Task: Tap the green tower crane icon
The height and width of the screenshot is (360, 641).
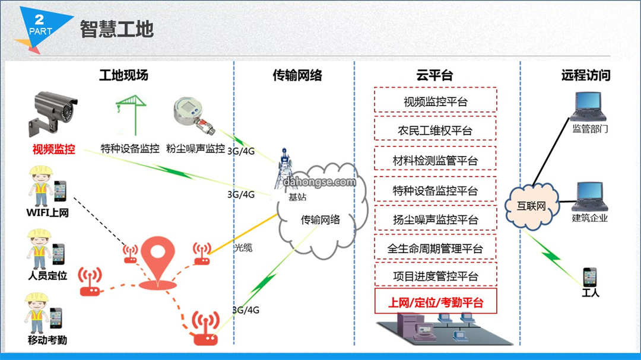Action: (x=131, y=115)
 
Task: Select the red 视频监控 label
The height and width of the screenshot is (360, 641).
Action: (x=54, y=149)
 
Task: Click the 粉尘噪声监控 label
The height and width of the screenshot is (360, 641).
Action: (x=195, y=148)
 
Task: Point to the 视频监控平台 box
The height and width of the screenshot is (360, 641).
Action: (x=436, y=100)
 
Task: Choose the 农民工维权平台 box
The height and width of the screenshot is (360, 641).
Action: (x=436, y=129)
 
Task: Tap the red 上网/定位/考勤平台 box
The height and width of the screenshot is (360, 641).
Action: (x=436, y=301)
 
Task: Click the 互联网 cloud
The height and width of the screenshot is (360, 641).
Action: (x=531, y=206)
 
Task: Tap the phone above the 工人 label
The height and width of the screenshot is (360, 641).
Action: (x=590, y=277)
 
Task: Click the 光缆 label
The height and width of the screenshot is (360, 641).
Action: (x=243, y=248)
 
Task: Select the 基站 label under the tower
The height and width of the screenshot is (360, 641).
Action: (x=297, y=197)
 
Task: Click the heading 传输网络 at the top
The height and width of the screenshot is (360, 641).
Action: (x=297, y=75)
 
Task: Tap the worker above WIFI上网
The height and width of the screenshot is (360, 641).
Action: (x=40, y=186)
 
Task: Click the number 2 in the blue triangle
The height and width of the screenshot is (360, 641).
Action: (x=39, y=19)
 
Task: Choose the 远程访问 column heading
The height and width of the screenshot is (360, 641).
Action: (x=586, y=75)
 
